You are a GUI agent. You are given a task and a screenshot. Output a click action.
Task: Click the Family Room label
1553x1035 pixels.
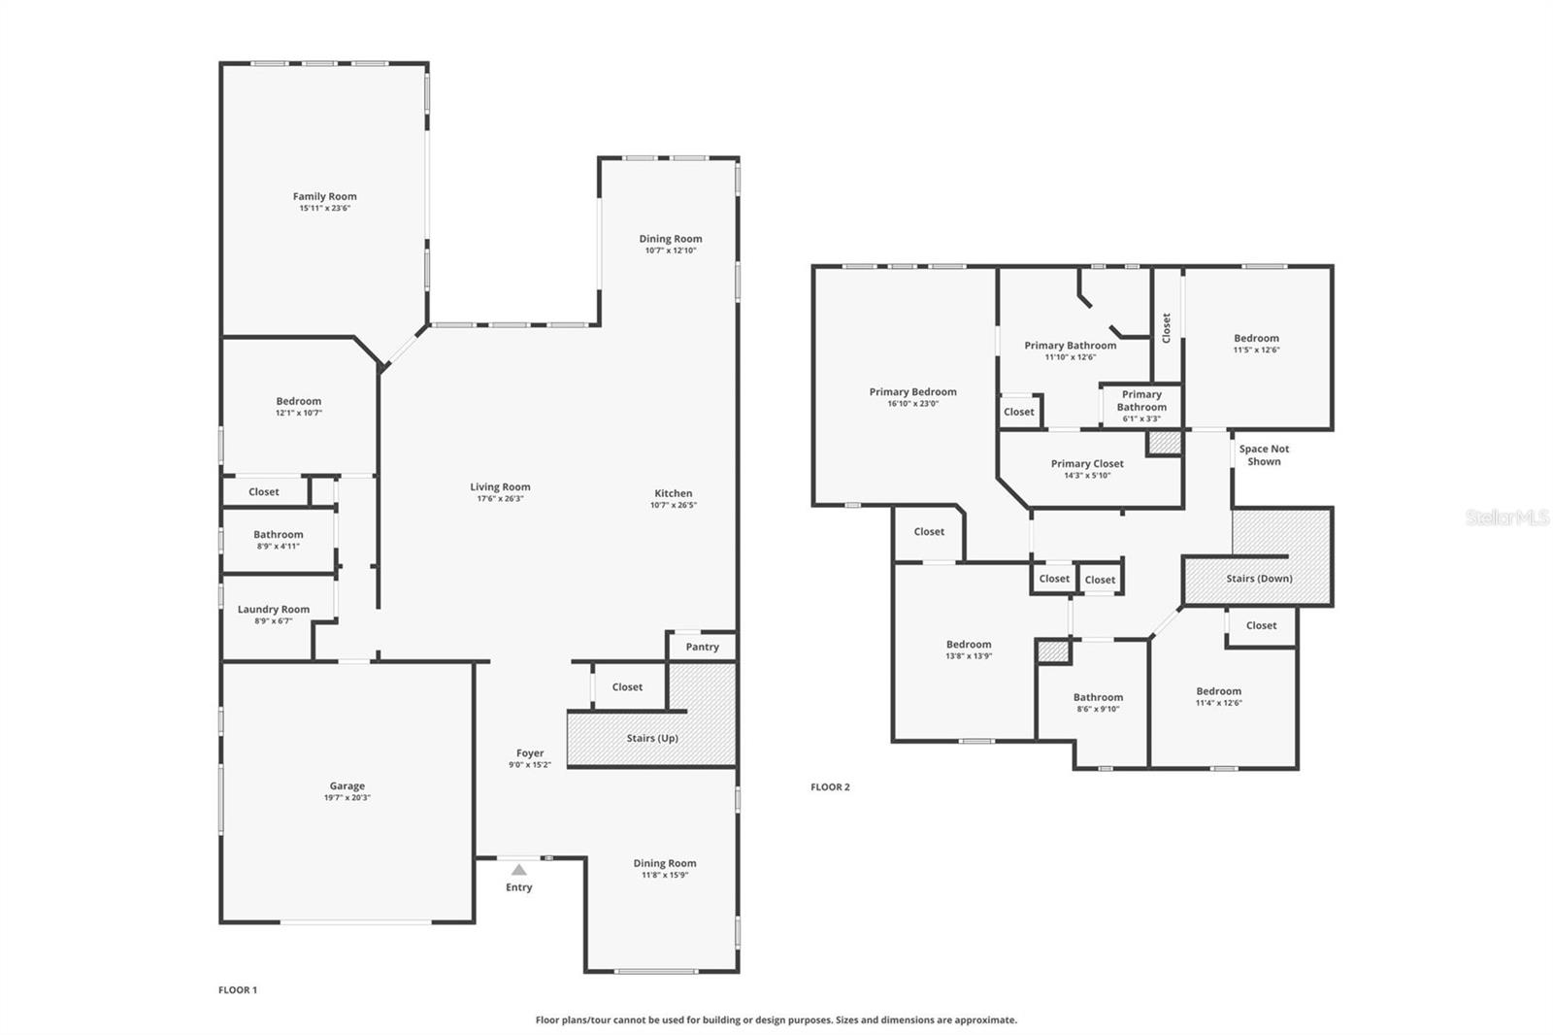click(324, 196)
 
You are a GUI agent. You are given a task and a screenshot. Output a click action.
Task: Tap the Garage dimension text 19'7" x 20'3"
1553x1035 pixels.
click(347, 798)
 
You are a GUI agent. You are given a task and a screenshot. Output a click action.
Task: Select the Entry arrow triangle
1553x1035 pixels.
click(519, 870)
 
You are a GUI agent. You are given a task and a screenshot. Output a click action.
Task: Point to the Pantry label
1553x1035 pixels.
click(702, 647)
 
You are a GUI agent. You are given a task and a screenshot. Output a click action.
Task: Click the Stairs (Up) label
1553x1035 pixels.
click(652, 738)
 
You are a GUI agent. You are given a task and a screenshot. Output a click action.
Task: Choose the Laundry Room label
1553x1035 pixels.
click(274, 610)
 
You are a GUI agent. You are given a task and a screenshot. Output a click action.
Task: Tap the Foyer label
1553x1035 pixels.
click(530, 752)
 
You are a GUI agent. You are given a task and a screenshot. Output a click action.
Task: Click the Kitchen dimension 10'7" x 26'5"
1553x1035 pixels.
click(673, 505)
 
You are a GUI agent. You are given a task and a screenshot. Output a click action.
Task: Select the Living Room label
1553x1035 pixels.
click(500, 487)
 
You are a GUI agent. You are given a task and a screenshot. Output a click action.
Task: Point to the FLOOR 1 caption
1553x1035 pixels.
click(238, 990)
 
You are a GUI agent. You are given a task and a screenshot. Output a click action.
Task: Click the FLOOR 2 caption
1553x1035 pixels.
click(830, 787)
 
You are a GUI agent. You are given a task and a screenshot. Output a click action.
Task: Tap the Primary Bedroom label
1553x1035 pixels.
click(912, 392)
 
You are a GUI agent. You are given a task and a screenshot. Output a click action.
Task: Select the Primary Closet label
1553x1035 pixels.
click(1087, 464)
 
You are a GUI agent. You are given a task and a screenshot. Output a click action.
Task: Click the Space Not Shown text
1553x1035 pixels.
click(1264, 455)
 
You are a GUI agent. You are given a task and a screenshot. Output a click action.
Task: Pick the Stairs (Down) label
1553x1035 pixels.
click(1259, 579)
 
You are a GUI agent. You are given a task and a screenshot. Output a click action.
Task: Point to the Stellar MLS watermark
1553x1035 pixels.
click(1506, 518)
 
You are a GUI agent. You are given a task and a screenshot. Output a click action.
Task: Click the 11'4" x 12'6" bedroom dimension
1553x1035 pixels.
click(1218, 703)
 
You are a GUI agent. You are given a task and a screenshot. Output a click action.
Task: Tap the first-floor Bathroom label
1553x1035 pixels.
click(279, 535)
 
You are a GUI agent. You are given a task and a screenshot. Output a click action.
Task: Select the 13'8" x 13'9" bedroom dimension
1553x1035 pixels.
click(969, 656)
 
